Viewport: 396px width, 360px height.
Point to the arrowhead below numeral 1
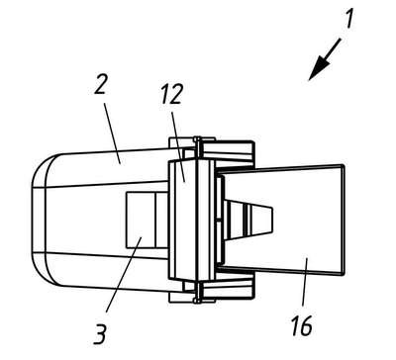click(x=318, y=70)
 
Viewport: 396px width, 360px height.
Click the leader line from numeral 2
click(x=112, y=134)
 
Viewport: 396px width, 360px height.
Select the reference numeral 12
click(x=172, y=93)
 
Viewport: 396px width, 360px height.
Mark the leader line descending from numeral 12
click(x=178, y=146)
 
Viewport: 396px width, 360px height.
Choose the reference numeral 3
click(x=100, y=333)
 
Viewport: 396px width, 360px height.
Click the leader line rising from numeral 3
click(x=124, y=275)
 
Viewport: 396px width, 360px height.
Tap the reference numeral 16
click(x=302, y=325)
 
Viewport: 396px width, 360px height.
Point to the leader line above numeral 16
click(x=305, y=281)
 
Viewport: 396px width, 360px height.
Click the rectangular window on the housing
click(x=147, y=221)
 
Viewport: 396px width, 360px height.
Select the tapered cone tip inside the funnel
click(x=248, y=219)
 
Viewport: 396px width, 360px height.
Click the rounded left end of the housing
click(x=45, y=220)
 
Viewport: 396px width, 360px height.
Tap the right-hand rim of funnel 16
click(x=343, y=219)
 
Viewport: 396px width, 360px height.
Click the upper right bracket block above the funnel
click(x=228, y=150)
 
